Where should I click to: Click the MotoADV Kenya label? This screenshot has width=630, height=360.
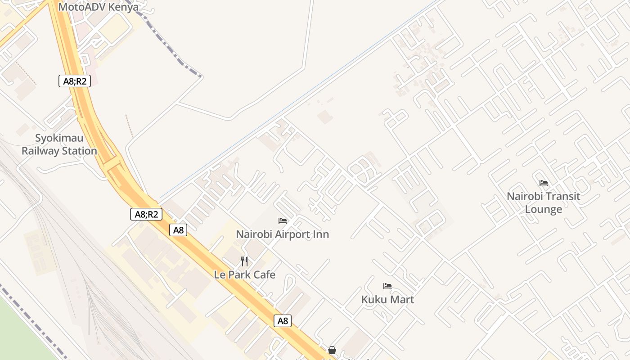click(98, 7)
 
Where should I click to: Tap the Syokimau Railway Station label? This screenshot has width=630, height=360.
click(59, 144)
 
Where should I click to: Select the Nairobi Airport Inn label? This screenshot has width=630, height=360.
click(283, 234)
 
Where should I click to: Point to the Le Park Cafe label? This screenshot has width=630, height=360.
click(244, 274)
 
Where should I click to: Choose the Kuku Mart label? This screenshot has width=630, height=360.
click(387, 300)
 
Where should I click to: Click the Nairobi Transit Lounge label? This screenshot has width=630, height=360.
click(544, 202)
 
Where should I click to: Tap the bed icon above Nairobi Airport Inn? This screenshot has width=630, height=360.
click(283, 221)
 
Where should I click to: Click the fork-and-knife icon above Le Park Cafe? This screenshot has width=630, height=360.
click(244, 261)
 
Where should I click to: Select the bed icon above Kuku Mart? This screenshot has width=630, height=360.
click(387, 286)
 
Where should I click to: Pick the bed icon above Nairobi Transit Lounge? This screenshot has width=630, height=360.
click(544, 183)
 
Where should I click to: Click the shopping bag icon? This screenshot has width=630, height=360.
click(332, 350)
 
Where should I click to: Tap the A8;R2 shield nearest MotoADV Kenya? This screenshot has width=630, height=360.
click(74, 81)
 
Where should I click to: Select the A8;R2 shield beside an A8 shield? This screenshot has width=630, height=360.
click(146, 214)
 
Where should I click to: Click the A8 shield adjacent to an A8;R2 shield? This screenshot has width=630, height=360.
click(179, 230)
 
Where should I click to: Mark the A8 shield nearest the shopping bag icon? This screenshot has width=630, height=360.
click(282, 321)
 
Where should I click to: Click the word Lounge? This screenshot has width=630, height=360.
click(544, 209)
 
